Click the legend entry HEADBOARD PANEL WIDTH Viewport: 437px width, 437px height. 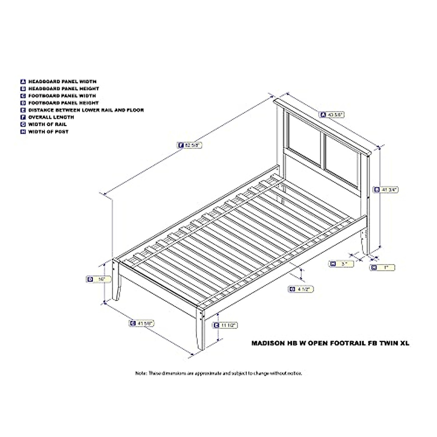(62, 82)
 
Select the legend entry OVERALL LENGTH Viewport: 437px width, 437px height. (51, 117)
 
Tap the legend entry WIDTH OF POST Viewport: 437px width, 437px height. (48, 131)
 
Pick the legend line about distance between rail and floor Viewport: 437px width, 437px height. (86, 110)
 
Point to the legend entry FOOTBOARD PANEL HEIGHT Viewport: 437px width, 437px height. (63, 103)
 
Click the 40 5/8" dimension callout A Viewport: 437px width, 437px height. (332, 115)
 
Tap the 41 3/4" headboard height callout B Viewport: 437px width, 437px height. (386, 189)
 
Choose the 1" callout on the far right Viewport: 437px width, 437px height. (382, 268)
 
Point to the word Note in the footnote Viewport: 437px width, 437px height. (141, 373)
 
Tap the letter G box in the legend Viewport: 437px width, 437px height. (23, 125)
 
